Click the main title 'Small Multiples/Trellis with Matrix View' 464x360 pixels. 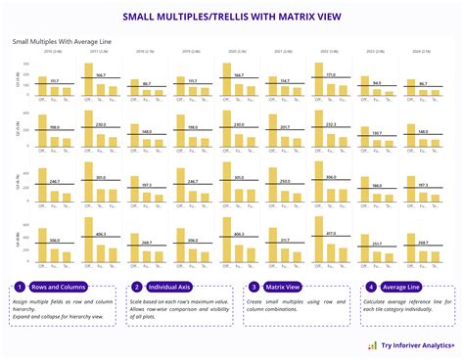tap(232, 17)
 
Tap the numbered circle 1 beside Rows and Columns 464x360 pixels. tap(20, 287)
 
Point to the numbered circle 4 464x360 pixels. tap(371, 287)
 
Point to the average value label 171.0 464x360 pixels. tap(331, 74)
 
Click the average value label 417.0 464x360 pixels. tap(331, 234)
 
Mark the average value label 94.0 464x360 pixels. tap(377, 83)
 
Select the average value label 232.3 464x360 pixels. tap(331, 124)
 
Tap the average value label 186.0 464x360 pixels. tap(377, 184)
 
